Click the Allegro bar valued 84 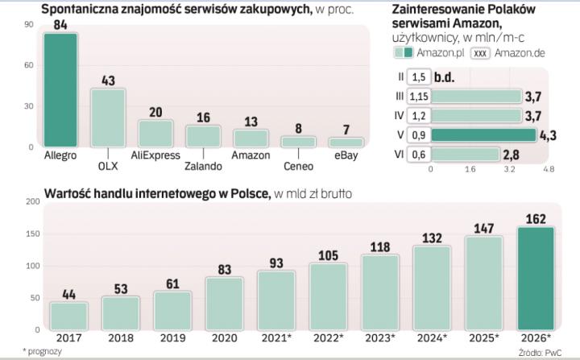[60, 89]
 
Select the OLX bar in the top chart [107, 118]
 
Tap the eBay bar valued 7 [346, 143]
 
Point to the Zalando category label [204, 168]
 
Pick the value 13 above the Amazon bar [251, 122]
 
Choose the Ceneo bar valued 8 [298, 142]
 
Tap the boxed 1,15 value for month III [418, 97]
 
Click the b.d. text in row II [445, 77]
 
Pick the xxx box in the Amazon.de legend [480, 53]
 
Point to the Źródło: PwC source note [541, 352]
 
